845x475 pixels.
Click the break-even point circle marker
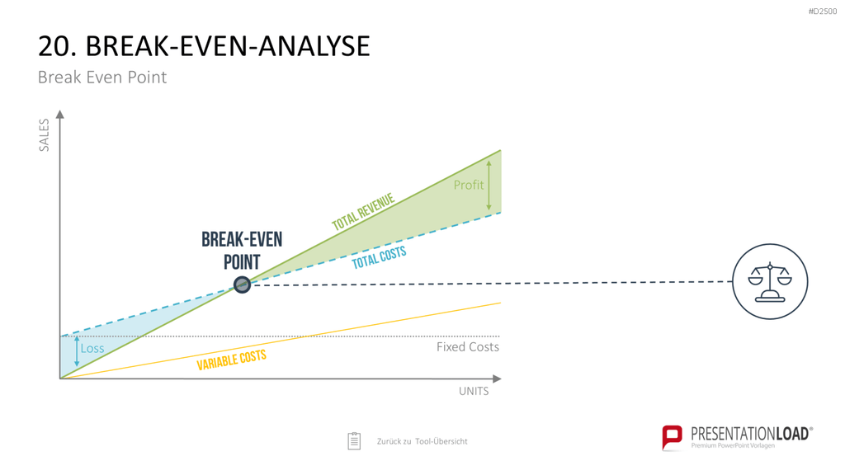(242, 285)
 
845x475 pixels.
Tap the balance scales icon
(770, 282)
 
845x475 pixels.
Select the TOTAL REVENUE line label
(363, 212)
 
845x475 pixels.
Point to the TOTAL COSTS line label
(379, 258)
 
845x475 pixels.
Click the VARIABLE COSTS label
(231, 360)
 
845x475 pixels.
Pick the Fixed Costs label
(468, 347)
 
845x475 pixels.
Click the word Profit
(469, 185)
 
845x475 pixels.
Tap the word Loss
(92, 349)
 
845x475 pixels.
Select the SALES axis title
(45, 135)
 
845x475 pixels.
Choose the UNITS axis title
(474, 392)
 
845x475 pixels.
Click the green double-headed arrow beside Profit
(489, 186)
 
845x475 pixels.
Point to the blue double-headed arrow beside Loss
(77, 351)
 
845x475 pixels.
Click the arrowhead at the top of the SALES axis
(59, 114)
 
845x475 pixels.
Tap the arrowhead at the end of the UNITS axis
(497, 379)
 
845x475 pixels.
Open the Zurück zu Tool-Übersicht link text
(422, 441)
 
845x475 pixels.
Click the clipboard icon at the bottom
(354, 440)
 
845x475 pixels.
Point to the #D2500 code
(823, 12)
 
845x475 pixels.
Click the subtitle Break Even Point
(101, 77)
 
